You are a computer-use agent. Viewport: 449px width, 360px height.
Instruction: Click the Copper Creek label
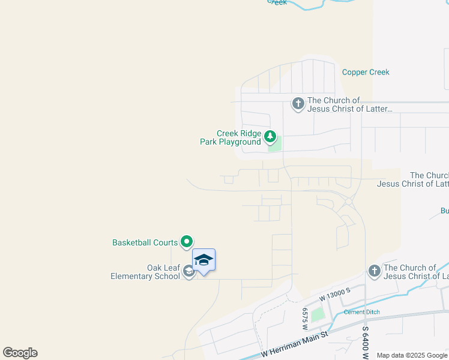click(366, 72)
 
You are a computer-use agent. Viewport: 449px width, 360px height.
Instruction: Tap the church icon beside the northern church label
click(298, 104)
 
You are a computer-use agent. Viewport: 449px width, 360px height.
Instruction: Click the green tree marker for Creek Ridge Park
click(270, 137)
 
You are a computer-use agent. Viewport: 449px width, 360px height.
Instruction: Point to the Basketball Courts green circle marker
click(187, 242)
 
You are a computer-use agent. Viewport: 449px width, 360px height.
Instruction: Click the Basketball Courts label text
click(145, 242)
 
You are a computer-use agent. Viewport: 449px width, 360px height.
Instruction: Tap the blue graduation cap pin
click(203, 260)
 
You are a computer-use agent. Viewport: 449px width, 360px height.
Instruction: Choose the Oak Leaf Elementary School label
click(146, 272)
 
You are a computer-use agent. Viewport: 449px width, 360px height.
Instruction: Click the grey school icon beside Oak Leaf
click(188, 272)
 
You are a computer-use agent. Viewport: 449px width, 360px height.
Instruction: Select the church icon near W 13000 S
click(374, 271)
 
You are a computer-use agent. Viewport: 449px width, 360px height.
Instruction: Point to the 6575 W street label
click(305, 319)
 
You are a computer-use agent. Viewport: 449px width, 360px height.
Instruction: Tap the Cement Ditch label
click(363, 312)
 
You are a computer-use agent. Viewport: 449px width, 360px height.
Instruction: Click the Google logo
click(20, 353)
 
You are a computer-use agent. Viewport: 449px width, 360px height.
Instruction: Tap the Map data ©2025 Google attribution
click(411, 355)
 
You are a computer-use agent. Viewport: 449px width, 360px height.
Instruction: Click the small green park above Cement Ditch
click(317, 314)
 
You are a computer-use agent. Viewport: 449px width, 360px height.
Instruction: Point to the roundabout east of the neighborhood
click(348, 202)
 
